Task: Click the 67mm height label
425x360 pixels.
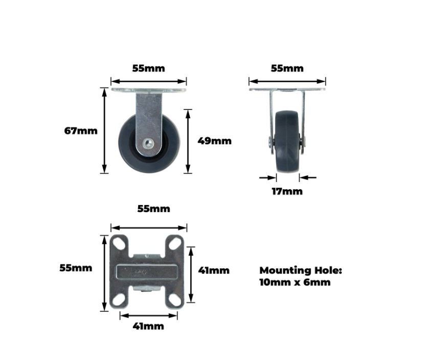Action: [81, 131]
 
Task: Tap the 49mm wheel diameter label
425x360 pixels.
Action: [214, 141]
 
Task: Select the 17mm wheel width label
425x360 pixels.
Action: [287, 191]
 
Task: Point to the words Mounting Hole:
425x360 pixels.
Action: [301, 271]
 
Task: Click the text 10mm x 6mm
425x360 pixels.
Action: [295, 282]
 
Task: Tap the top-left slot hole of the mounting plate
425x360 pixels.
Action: [119, 243]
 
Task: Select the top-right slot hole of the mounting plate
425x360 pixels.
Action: [175, 243]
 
